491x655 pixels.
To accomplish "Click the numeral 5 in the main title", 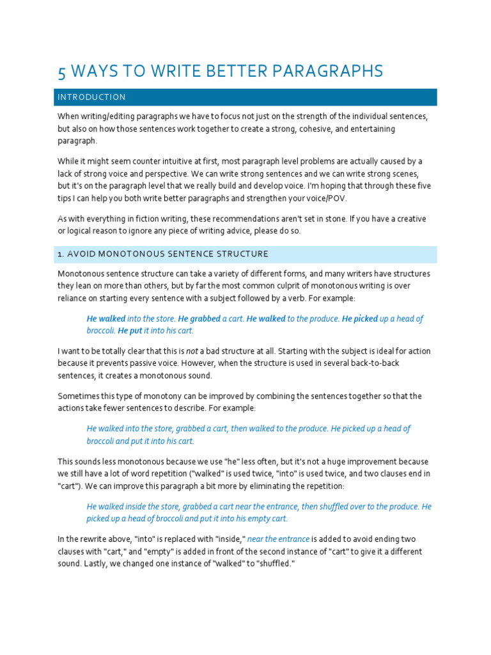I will [62, 71].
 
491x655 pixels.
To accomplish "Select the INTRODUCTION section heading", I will [91, 97].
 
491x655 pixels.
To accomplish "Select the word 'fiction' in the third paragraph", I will [143, 219].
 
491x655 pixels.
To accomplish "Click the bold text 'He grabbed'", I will [199, 319].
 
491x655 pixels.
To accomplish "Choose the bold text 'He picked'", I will [359, 319].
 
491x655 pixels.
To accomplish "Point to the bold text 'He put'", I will [130, 331].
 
